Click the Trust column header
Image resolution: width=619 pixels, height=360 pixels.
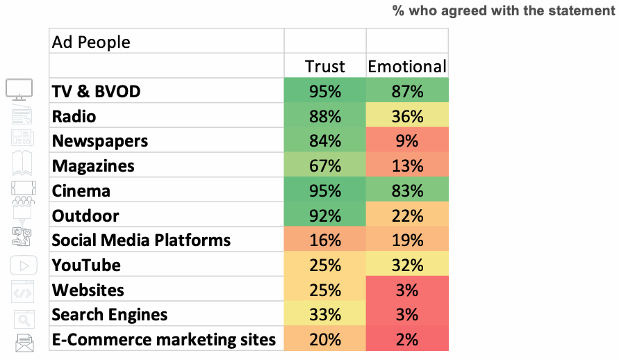[x=324, y=67]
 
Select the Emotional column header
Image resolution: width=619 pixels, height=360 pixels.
[x=407, y=67]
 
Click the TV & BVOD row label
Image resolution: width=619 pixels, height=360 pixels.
[x=96, y=91]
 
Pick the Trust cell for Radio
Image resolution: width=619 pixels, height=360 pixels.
[x=324, y=116]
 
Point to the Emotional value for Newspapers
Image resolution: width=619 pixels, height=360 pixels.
[x=407, y=141]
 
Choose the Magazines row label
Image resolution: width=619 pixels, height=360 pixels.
[x=93, y=166]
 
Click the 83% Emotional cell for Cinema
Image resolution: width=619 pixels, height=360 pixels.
[x=407, y=191]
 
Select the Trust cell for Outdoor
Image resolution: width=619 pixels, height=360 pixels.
[x=324, y=215]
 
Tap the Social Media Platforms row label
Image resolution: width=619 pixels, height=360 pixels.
[x=141, y=240]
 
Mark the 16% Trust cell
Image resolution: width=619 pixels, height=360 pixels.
[x=324, y=240]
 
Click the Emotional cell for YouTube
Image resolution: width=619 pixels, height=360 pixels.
[x=407, y=265]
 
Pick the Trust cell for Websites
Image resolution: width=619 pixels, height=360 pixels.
[x=324, y=290]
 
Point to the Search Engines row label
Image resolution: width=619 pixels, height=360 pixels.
[x=110, y=315]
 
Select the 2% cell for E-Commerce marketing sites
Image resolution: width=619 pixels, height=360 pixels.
[x=407, y=340]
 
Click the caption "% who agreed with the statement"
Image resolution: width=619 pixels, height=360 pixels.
[x=504, y=10]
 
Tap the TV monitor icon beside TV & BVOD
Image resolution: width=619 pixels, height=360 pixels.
[x=19, y=90]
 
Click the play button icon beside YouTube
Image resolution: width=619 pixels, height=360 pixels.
[x=23, y=265]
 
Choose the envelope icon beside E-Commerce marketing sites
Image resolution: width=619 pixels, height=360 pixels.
[x=24, y=341]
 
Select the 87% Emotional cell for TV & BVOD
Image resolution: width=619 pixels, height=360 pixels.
[x=407, y=91]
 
